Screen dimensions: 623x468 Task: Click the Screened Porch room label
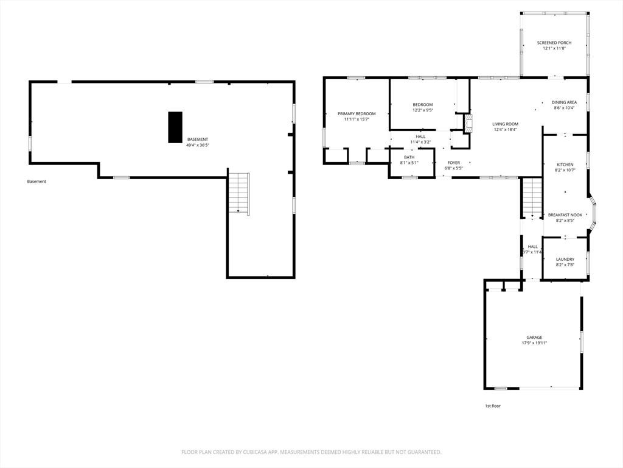554,43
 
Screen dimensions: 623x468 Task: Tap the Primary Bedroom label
357,114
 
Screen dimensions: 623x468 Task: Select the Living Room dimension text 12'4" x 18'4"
506,129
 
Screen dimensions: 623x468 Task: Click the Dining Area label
564,102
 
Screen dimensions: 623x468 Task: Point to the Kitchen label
565,165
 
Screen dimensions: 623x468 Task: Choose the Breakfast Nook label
565,215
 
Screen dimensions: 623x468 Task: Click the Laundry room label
565,259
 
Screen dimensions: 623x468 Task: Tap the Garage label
534,338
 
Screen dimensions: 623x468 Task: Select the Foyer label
454,163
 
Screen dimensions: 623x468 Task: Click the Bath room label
409,157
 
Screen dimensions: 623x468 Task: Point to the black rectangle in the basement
175,127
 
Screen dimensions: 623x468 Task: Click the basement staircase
238,194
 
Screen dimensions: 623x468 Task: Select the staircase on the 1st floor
532,198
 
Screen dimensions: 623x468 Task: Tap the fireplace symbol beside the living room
469,123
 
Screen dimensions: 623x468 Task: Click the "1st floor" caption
493,406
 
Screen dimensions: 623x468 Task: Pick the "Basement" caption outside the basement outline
37,182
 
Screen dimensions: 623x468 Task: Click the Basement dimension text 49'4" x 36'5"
198,145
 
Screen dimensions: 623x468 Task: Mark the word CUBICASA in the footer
256,452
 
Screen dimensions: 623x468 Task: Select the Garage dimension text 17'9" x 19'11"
534,343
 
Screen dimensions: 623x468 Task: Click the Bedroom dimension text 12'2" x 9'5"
422,110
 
